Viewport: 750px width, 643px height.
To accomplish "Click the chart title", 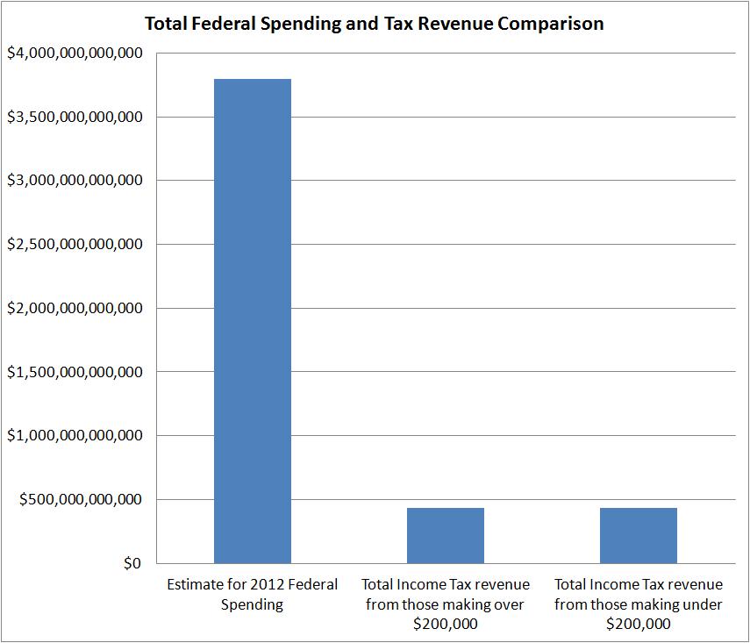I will (374, 24).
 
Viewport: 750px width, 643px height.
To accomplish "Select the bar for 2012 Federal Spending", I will (253, 321).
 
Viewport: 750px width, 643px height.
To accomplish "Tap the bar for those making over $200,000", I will (446, 535).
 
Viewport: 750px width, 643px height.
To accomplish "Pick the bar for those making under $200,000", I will (639, 535).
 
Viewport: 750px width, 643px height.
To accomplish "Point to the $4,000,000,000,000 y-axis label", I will (75, 54).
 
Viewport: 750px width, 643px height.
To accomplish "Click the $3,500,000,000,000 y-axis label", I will (75, 118).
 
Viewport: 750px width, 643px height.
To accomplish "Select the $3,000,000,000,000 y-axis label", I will (75, 181).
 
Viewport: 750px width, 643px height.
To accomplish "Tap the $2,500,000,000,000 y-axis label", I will (75, 245).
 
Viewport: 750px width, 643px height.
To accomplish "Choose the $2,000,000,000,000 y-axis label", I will (75, 309).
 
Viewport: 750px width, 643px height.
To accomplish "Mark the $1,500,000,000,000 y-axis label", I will (75, 372).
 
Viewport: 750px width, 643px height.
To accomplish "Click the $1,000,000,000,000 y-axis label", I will (75, 436).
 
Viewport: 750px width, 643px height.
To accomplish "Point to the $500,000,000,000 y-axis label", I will (82, 500).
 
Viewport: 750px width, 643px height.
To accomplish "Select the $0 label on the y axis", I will (131, 563).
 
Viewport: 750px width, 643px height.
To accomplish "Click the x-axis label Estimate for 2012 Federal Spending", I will (253, 594).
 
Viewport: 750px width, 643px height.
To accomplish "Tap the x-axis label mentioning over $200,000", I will (446, 604).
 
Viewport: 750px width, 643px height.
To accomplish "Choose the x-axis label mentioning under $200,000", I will (639, 604).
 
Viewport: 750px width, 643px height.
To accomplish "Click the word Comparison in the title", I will (551, 24).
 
